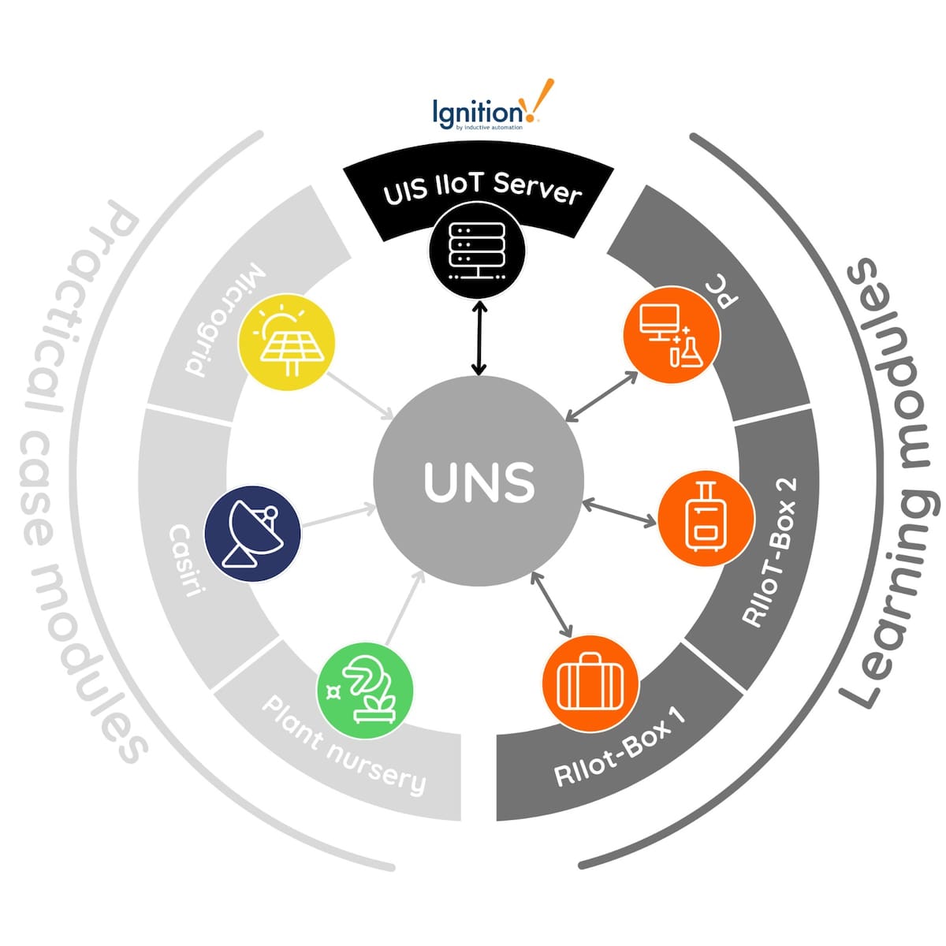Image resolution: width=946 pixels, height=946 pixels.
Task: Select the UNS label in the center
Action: [x=479, y=482]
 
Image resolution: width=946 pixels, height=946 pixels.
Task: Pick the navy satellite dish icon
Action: [x=252, y=533]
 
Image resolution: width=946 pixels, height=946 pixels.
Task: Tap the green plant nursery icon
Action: [x=364, y=684]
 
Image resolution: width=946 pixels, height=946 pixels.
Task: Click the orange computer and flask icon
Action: [x=672, y=334]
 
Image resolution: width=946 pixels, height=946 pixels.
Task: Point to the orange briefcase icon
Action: [x=590, y=682]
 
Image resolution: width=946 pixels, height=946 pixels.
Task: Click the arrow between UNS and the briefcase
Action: [x=552, y=605]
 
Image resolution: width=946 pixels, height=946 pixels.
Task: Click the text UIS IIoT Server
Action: [x=482, y=189]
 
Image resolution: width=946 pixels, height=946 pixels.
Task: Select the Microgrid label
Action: [x=225, y=320]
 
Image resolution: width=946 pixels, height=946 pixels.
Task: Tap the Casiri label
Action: [x=185, y=559]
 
